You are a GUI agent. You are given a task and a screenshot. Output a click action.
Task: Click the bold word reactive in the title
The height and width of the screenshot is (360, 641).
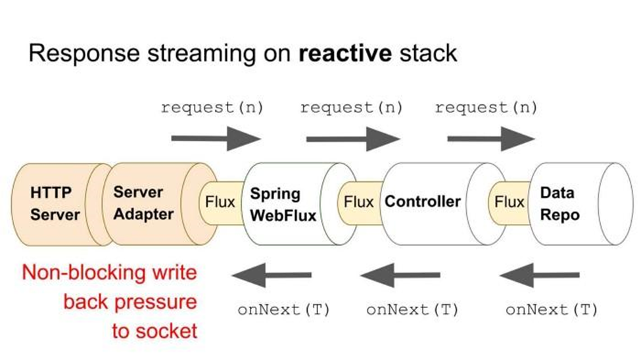(x=345, y=53)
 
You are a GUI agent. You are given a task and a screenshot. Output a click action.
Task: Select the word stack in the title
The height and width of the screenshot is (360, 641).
(x=429, y=53)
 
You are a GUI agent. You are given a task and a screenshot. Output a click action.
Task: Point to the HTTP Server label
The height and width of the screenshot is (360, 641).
(x=55, y=204)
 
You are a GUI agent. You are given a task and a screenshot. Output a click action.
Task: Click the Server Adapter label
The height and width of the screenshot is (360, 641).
(x=143, y=203)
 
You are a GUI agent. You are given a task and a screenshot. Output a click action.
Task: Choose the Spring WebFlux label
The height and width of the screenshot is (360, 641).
(x=283, y=204)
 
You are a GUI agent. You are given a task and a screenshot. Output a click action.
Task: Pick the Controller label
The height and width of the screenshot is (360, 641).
(x=423, y=202)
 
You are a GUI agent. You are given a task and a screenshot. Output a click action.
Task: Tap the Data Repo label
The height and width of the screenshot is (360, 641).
(x=559, y=204)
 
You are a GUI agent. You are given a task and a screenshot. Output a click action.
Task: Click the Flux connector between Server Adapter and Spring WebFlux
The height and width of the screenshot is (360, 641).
(x=220, y=202)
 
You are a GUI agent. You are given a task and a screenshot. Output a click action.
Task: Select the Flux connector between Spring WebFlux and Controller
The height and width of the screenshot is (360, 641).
(x=358, y=202)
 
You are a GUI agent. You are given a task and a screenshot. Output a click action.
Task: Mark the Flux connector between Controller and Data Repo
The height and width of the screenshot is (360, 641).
(x=509, y=202)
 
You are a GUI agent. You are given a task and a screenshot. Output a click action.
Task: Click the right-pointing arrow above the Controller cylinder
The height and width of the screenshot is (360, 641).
(x=353, y=139)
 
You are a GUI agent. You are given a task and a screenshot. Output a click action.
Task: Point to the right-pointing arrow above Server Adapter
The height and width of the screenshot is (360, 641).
(x=216, y=139)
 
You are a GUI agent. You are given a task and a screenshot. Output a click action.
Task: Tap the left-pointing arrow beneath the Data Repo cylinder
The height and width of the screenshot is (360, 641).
(x=540, y=275)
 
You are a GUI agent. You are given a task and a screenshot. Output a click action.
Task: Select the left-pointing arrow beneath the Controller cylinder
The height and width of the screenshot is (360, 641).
(x=400, y=275)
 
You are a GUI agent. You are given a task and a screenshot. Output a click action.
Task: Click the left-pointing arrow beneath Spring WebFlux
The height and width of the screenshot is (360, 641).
(x=272, y=275)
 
